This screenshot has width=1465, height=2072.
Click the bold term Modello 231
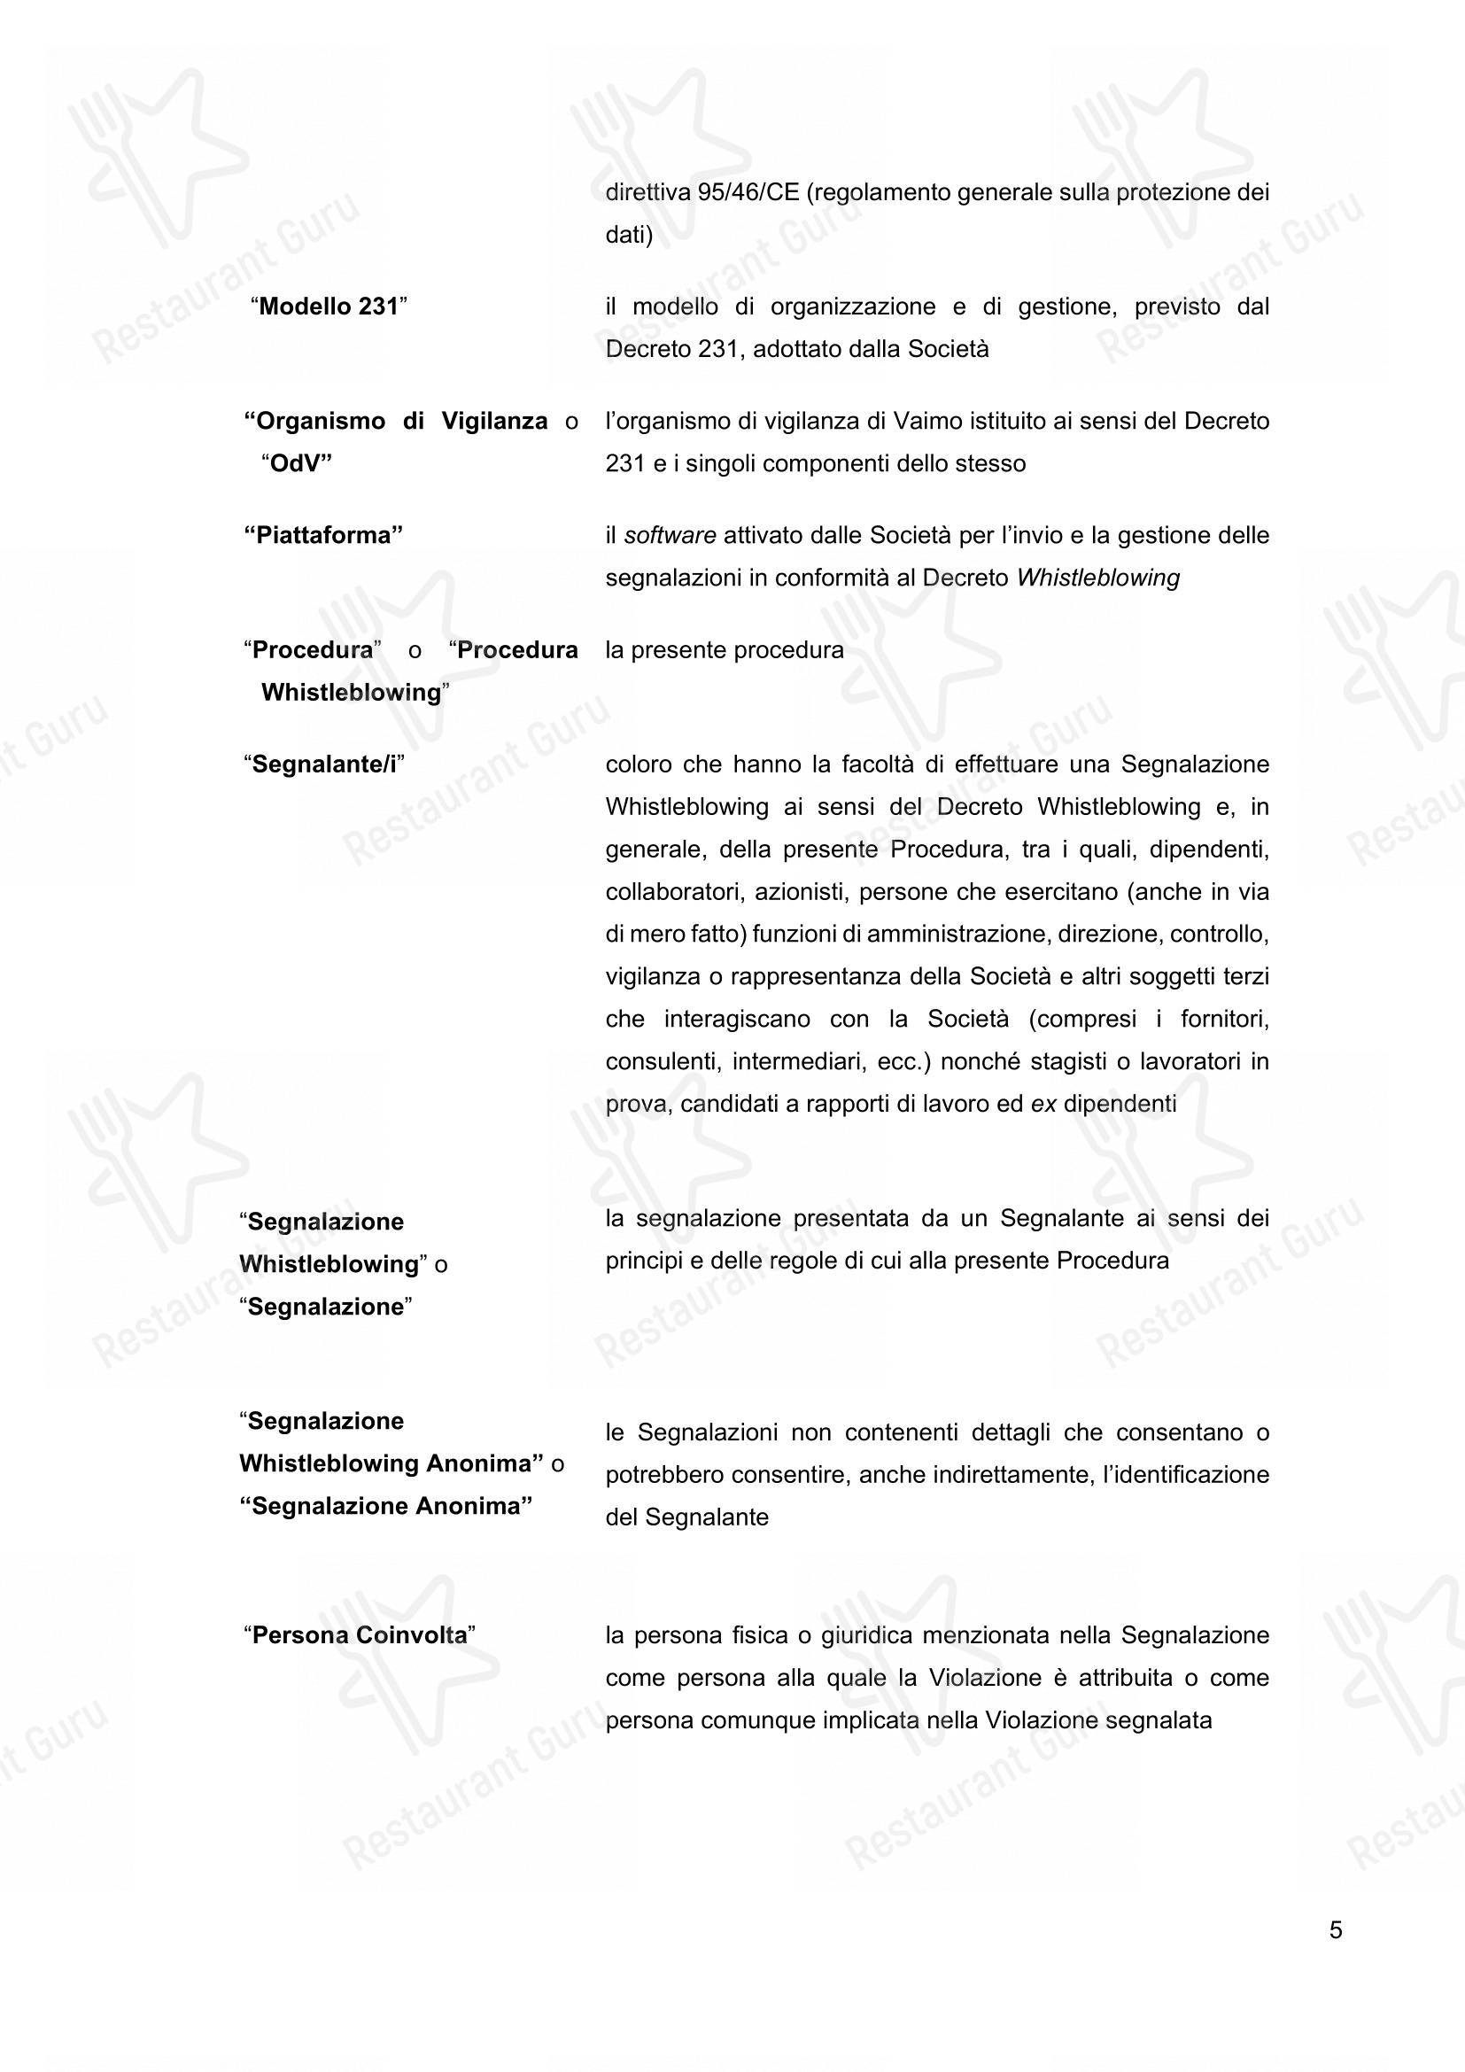329,307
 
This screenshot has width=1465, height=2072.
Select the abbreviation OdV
297,464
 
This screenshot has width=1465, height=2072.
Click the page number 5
1336,1929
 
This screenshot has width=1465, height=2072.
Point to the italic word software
670,535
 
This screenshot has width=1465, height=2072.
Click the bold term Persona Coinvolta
359,1635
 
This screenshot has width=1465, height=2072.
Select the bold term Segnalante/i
324,764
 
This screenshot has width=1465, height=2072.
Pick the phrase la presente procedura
725,649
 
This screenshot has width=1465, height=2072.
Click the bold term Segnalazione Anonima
386,1506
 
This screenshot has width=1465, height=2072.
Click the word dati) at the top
629,235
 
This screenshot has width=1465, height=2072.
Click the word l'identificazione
1185,1475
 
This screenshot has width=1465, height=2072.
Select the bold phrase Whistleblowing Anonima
391,1463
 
